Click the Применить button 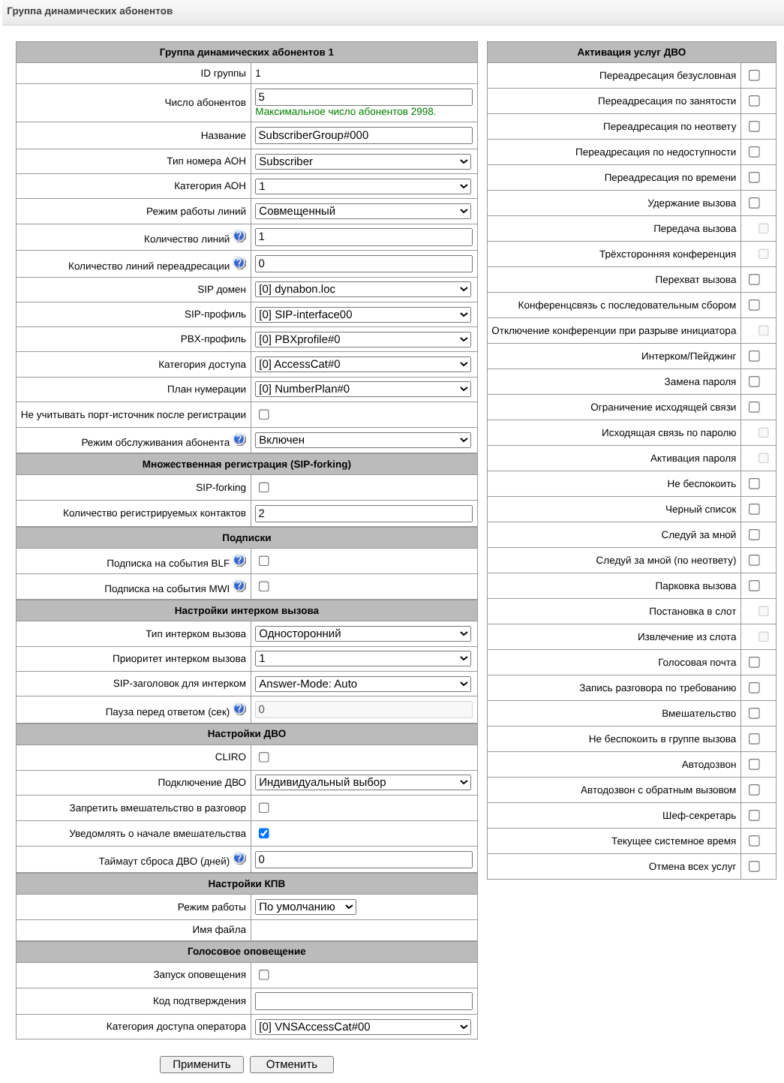coord(201,1064)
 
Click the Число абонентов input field coord(363,97)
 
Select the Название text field coord(363,135)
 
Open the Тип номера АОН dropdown coord(363,161)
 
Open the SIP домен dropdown coord(363,289)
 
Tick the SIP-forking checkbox coord(264,487)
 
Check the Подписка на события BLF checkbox coord(264,561)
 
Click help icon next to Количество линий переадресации coord(239,263)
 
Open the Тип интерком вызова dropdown coord(363,633)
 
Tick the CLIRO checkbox coord(264,757)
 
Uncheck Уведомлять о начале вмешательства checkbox coord(264,833)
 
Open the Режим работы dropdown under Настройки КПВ coord(305,907)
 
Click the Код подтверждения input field coord(363,1000)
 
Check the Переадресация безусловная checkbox coord(754,75)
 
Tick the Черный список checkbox coord(754,509)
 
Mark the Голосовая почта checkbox coord(754,662)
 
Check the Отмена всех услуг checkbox coord(754,866)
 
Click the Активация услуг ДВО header coord(631,52)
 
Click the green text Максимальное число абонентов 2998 coord(345,112)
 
